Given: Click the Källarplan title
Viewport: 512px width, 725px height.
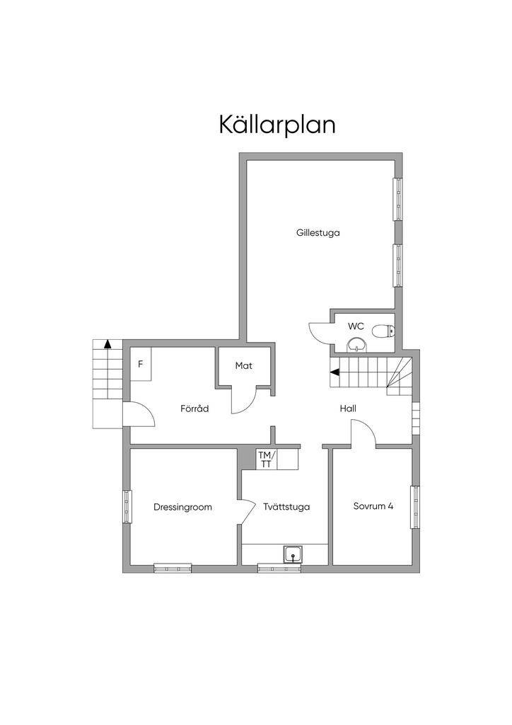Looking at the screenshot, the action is (x=277, y=125).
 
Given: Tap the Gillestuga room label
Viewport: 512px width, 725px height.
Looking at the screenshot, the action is (x=318, y=232).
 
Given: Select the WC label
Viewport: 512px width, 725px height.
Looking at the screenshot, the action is (x=356, y=326).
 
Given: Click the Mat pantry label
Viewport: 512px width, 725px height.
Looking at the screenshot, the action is (x=244, y=366).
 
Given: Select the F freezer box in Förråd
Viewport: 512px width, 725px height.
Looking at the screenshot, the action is (x=140, y=364).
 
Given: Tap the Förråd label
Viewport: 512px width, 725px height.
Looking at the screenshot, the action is (x=194, y=409).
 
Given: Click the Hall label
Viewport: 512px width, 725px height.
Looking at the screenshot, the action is (x=348, y=409).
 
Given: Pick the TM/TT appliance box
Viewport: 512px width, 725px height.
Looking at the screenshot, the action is (x=267, y=459).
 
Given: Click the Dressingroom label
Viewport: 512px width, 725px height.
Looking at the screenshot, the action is (x=183, y=507).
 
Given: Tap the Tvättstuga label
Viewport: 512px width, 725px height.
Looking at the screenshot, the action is (x=286, y=507).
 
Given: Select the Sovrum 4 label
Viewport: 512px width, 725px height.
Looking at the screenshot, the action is (x=373, y=506).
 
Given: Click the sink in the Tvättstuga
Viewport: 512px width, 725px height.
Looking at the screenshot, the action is (x=293, y=554).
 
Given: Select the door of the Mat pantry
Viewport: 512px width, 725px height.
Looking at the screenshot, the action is (x=245, y=401).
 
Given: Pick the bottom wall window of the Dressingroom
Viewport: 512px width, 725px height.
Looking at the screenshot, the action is (x=173, y=569).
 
